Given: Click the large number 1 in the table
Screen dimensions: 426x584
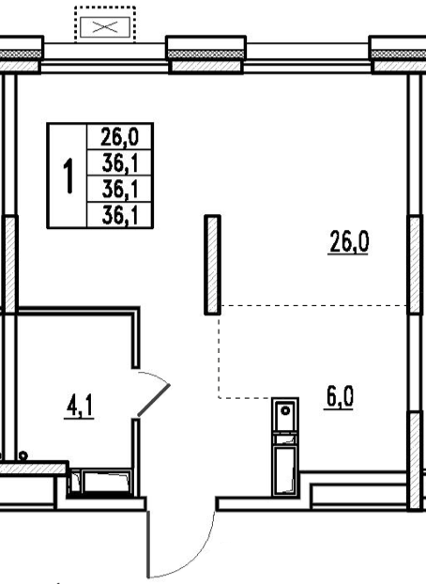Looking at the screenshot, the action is (68, 176).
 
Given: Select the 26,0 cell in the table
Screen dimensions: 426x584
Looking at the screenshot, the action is (119, 137).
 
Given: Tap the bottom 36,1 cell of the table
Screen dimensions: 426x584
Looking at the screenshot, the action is (119, 215).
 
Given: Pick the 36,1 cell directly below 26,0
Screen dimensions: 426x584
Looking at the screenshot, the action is (119, 163).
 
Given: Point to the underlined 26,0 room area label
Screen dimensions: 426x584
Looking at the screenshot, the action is (348, 241).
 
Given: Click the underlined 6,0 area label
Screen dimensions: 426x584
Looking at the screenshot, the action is (339, 398).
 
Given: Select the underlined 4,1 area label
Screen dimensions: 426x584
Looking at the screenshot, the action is (80, 407).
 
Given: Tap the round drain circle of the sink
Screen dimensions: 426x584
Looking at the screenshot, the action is (285, 411).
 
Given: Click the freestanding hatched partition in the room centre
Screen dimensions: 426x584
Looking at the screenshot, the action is (213, 265).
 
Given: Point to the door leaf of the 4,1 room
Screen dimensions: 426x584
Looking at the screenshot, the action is (154, 400).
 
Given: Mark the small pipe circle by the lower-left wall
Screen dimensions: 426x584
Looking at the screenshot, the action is (23, 455).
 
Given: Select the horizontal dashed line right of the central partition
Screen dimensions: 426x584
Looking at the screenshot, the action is (314, 305).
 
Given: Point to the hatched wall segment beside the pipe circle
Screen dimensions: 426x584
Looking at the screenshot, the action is (34, 468).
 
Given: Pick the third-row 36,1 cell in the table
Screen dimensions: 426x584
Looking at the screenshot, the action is (119, 190).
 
